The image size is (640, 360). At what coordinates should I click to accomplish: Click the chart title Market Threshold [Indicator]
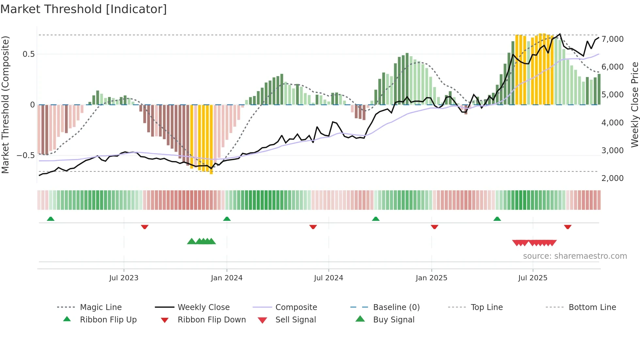(x=84, y=9)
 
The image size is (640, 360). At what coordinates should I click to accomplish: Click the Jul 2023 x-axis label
(x=124, y=278)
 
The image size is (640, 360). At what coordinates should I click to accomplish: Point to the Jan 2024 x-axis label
(x=227, y=278)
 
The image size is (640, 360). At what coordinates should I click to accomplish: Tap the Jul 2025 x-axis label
(x=533, y=278)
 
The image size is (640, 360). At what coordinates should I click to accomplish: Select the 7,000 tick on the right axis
(x=612, y=39)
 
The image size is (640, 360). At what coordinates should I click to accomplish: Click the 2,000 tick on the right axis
(x=612, y=178)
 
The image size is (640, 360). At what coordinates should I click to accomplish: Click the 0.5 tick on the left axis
(x=28, y=54)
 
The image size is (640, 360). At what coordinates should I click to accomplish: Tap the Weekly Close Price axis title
(x=634, y=105)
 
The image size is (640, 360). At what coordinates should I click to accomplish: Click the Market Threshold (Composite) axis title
(x=5, y=105)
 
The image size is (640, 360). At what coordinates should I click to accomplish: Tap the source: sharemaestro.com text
(x=575, y=256)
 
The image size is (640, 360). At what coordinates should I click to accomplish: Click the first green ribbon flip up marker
(x=51, y=219)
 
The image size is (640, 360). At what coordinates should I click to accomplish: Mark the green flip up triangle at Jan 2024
(x=227, y=219)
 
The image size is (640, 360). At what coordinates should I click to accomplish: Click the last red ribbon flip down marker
(x=568, y=227)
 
